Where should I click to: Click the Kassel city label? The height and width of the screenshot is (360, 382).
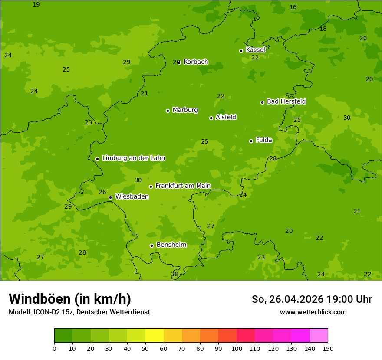[255, 50]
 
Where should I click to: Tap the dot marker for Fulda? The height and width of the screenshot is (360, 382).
[251, 141]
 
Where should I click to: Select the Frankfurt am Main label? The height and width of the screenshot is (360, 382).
[183, 186]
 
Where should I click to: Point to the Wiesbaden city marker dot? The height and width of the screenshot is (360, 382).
[110, 197]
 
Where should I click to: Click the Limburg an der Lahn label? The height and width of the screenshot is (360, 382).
[133, 158]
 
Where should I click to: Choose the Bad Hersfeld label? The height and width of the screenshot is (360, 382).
[286, 101]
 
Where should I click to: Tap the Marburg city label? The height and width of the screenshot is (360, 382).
[185, 110]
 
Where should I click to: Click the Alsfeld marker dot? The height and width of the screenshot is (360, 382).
[211, 118]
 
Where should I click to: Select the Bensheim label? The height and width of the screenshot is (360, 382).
[171, 245]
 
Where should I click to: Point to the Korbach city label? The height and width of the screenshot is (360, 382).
[196, 62]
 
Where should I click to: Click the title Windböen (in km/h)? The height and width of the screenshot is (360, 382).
[70, 299]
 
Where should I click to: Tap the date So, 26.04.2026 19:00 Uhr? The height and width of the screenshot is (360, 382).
[312, 299]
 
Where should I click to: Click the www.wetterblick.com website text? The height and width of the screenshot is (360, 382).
[313, 312]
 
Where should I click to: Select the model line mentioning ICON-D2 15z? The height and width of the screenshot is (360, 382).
[79, 312]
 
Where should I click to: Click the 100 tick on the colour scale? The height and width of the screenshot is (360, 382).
[237, 348]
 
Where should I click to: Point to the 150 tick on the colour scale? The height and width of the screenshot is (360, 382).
[328, 348]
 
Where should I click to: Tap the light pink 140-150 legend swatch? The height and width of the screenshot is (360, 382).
[319, 336]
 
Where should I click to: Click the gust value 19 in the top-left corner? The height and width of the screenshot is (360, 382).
[36, 4]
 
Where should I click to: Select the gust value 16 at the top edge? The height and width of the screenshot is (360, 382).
[293, 7]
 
